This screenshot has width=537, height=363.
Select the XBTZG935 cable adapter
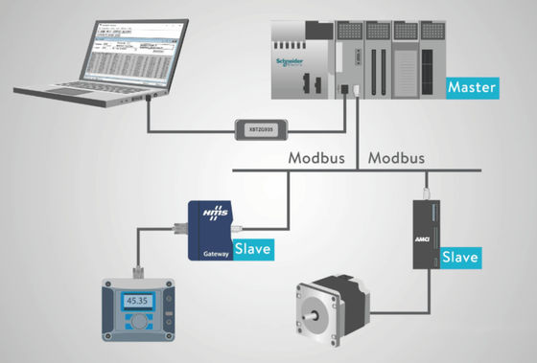(264, 127)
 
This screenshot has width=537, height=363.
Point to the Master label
(472, 88)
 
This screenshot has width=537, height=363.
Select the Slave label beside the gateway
(253, 249)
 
